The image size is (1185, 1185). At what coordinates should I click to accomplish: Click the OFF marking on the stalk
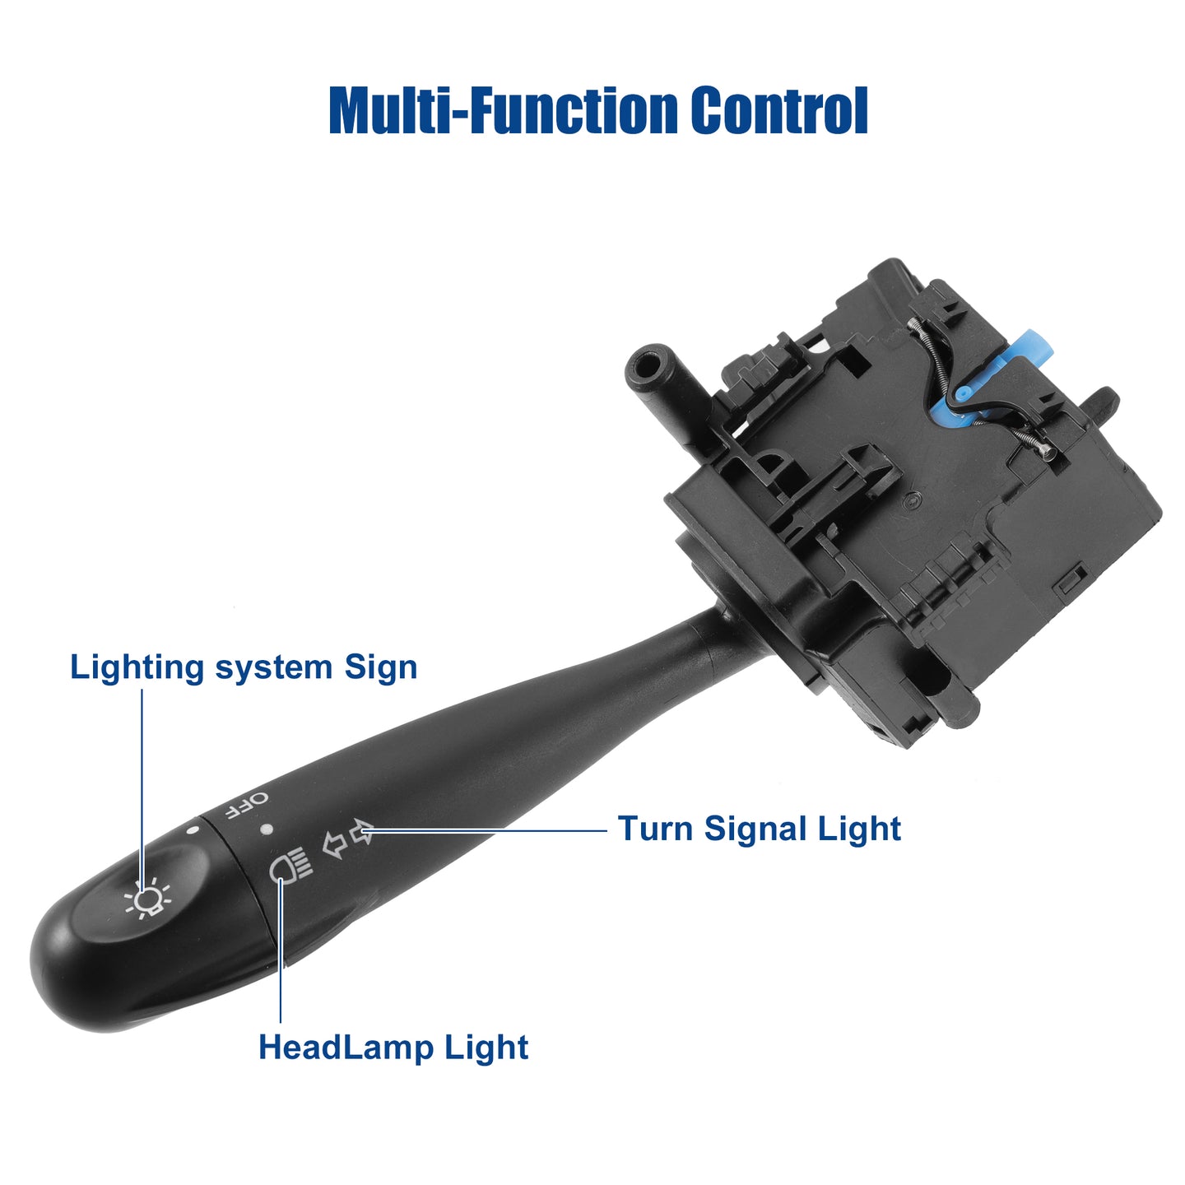247,806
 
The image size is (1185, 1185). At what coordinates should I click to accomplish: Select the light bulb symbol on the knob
147,901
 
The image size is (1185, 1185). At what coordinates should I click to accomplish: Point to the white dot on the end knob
193,829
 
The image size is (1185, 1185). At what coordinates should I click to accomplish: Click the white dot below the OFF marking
266,829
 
